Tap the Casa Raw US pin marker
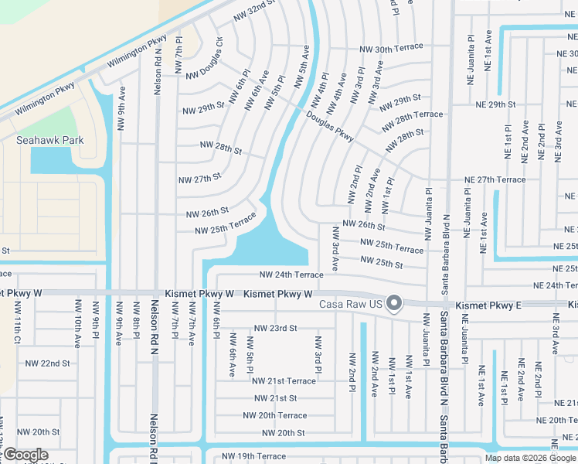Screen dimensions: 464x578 [x=394, y=302]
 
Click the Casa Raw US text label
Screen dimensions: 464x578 [x=351, y=303]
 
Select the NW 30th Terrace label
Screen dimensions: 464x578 [x=391, y=48]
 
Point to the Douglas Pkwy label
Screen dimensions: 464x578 [x=330, y=126]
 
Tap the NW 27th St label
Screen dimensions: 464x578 [x=199, y=179]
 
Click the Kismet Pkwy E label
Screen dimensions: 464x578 [x=488, y=305]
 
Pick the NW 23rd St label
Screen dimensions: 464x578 [x=275, y=328]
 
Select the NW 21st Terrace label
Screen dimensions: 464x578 [x=284, y=380]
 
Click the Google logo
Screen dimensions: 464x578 [x=25, y=455]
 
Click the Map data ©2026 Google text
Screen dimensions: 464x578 [x=530, y=458]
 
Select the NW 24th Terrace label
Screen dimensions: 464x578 [x=291, y=275]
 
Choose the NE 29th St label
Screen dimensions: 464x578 [x=495, y=104]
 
